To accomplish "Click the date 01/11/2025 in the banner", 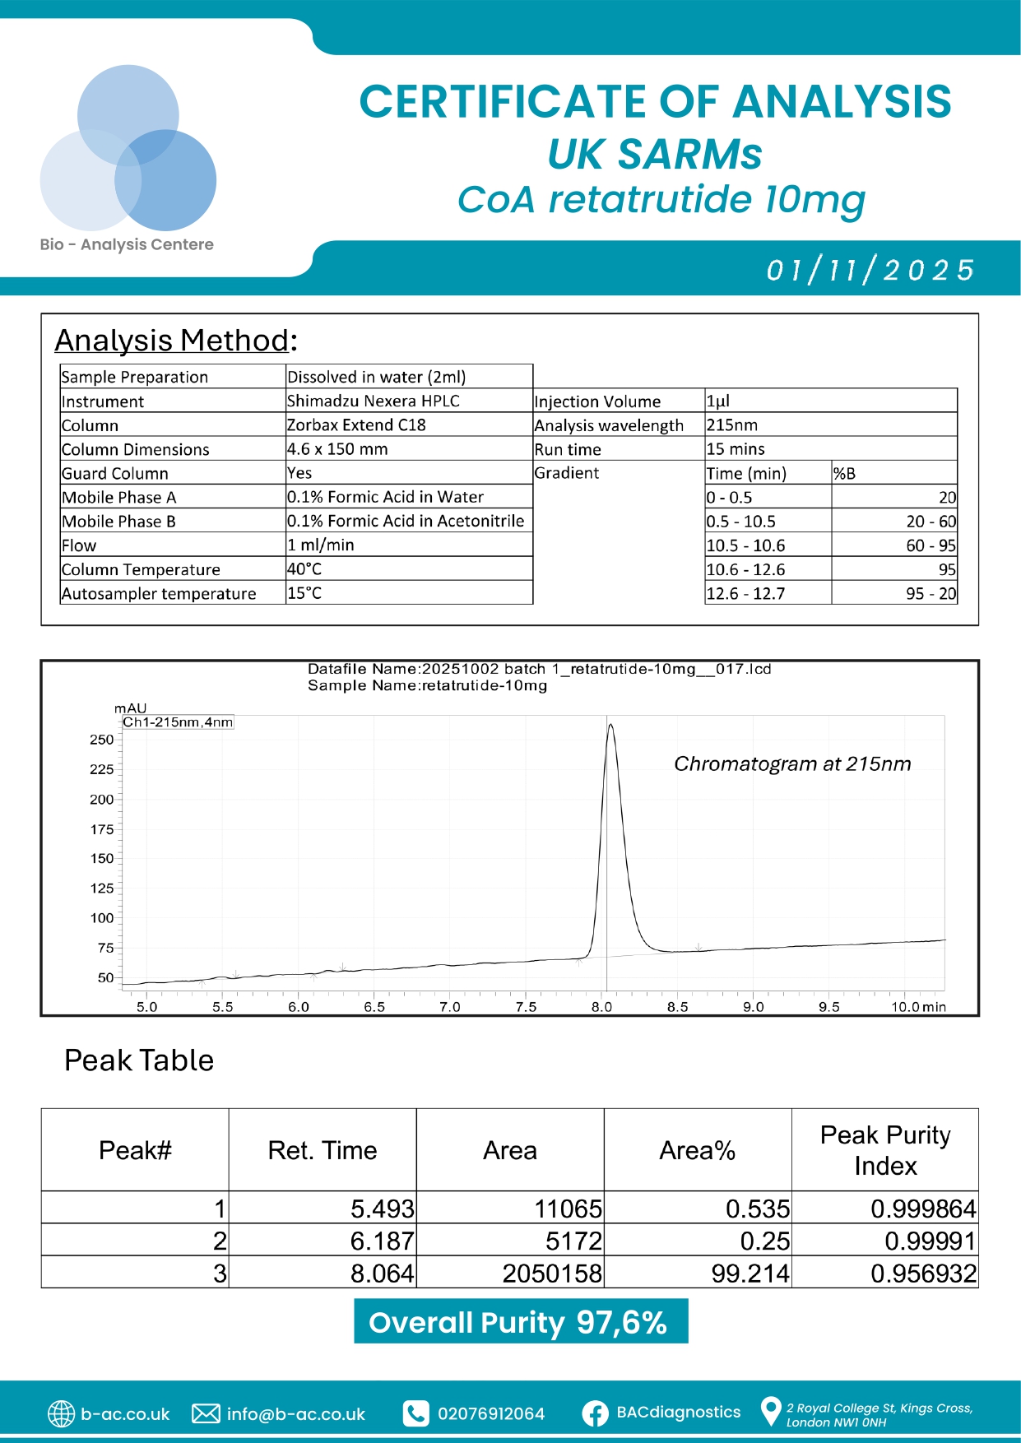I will pyautogui.click(x=870, y=270).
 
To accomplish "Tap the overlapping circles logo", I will pyautogui.click(x=128, y=149).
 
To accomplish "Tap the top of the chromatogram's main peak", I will pyautogui.click(x=610, y=725).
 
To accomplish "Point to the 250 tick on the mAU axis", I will pyautogui.click(x=102, y=740).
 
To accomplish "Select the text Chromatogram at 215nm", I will pyautogui.click(x=792, y=763).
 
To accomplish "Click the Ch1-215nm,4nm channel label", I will pyautogui.click(x=178, y=722).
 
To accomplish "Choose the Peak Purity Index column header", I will pyautogui.click(x=885, y=1149).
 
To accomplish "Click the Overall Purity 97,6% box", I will pyautogui.click(x=521, y=1321).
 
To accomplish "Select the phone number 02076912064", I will pyautogui.click(x=490, y=1413).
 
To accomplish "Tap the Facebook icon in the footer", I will pyautogui.click(x=595, y=1413).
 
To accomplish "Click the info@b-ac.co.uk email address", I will pyautogui.click(x=295, y=1413).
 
